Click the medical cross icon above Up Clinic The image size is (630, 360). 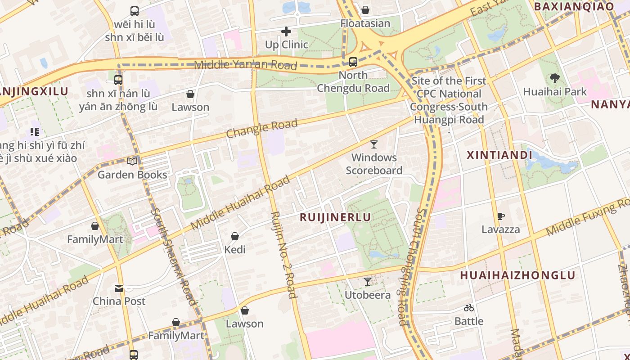pos(286,31)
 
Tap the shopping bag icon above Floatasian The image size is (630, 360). pos(365,10)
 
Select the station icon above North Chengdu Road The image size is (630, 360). pos(353,62)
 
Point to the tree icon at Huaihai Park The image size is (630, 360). pos(555,79)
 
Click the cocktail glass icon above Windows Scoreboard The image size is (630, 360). pos(374,144)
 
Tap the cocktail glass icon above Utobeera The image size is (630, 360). pos(368,282)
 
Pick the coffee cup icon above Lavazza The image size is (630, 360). pos(500,216)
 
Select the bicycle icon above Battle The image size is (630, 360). pos(469,308)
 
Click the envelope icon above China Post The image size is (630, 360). pos(119,288)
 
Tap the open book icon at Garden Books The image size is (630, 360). pos(132,161)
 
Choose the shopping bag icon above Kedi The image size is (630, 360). pos(235,236)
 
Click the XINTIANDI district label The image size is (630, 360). pos(499,155)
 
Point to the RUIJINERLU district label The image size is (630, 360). pos(335,217)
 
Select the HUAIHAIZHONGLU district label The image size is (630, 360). pos(517,275)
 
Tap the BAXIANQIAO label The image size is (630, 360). pos(574,6)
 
